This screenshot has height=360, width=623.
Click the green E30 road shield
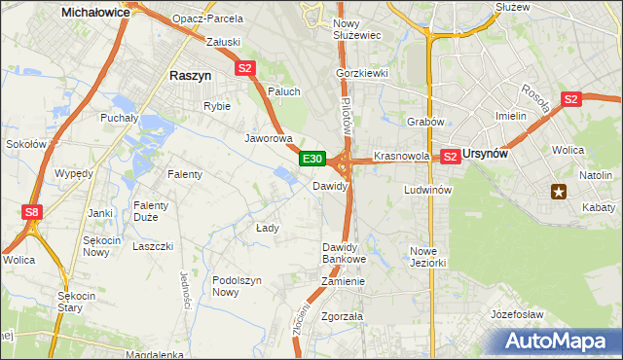(x=311, y=159)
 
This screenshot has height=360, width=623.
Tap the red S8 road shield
(x=32, y=211)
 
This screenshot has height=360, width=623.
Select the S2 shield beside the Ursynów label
(x=450, y=156)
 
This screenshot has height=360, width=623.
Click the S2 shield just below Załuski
(x=244, y=68)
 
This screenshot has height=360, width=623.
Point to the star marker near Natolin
(x=559, y=192)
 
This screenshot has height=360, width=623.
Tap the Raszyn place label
(x=190, y=75)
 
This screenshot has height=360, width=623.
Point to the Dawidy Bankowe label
(x=344, y=253)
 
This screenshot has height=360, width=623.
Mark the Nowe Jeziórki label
(x=428, y=257)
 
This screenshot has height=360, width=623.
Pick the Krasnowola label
(x=402, y=156)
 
